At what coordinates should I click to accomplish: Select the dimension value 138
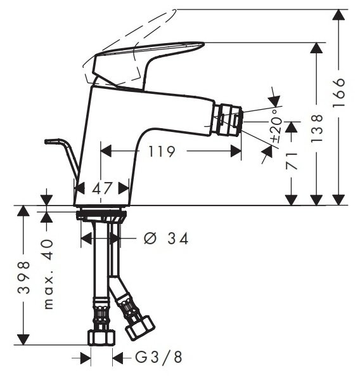pos(318,127)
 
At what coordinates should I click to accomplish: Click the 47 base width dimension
pos(102,188)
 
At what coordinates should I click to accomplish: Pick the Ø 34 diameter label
pos(166,239)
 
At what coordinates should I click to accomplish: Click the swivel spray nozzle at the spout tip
pos(229,121)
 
